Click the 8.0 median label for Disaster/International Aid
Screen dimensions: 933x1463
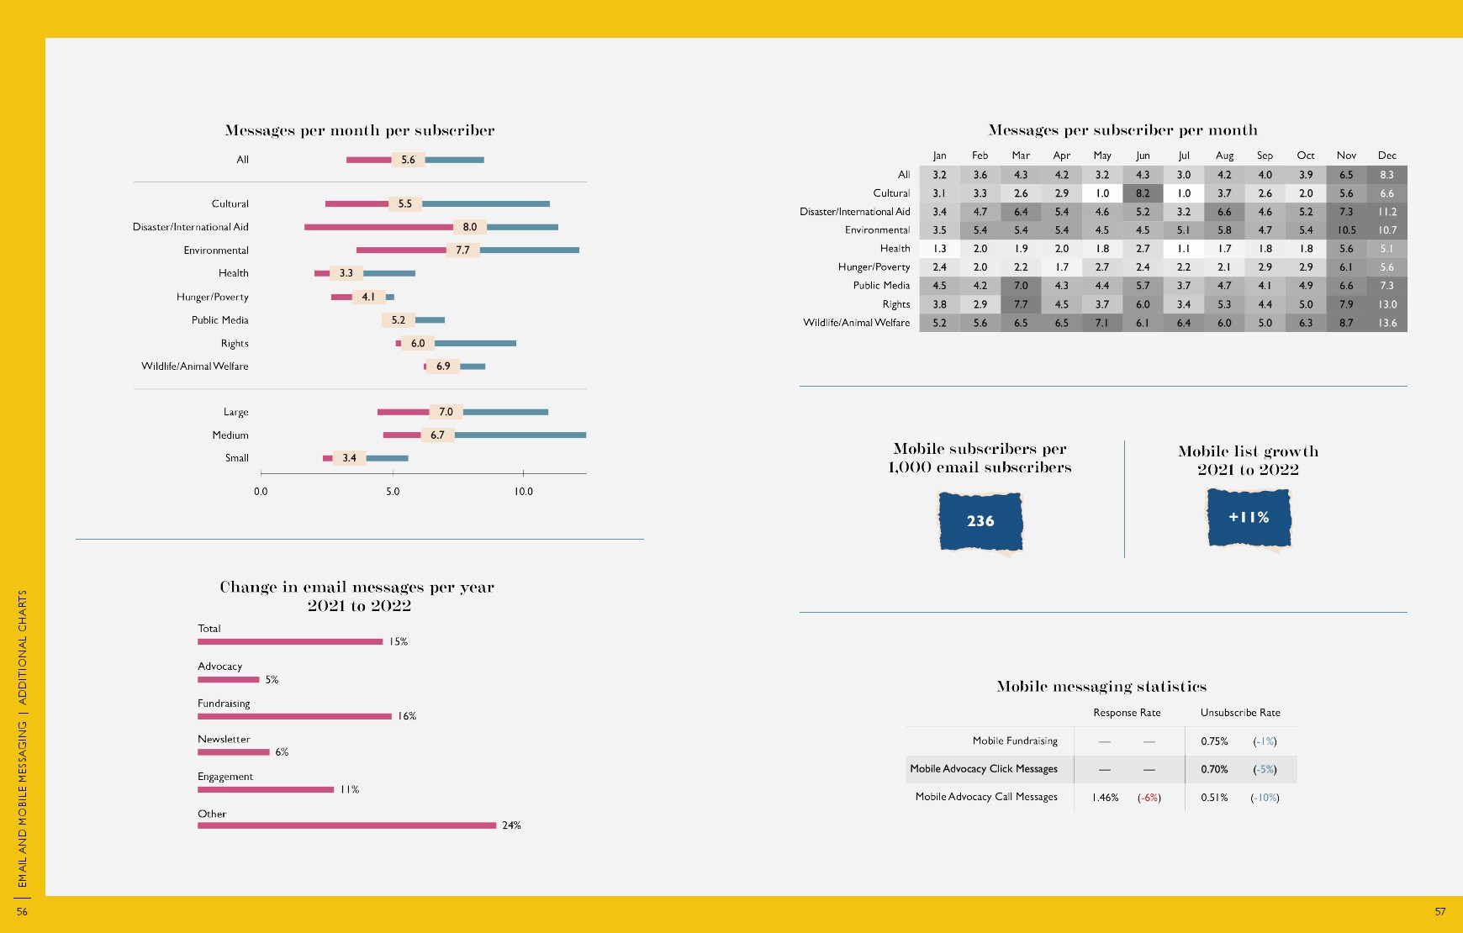[469, 227]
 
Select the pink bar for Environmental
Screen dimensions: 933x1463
[401, 250]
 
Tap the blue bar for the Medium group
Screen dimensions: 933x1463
[520, 435]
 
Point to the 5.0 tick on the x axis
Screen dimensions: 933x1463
[393, 491]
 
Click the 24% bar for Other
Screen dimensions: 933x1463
[346, 825]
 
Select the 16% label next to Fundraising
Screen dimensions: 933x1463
[407, 716]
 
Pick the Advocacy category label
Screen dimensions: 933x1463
[219, 667]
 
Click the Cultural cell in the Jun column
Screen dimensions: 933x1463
[1143, 193]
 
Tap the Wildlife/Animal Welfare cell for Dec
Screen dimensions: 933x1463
[1386, 323]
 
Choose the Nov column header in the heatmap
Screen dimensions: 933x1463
[1346, 155]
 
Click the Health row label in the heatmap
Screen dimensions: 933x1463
[895, 249]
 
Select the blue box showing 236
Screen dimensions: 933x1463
[980, 521]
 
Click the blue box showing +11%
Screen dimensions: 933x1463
[1249, 518]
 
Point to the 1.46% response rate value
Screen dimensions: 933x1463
[1105, 798]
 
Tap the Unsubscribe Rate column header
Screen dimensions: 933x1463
[1240, 713]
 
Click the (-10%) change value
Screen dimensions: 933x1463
[1265, 798]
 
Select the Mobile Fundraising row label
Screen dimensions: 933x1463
[1015, 741]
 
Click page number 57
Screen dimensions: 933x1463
[1439, 911]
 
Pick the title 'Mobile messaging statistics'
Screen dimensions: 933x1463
[1101, 687]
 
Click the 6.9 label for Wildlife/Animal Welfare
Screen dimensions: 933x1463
[443, 366]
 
